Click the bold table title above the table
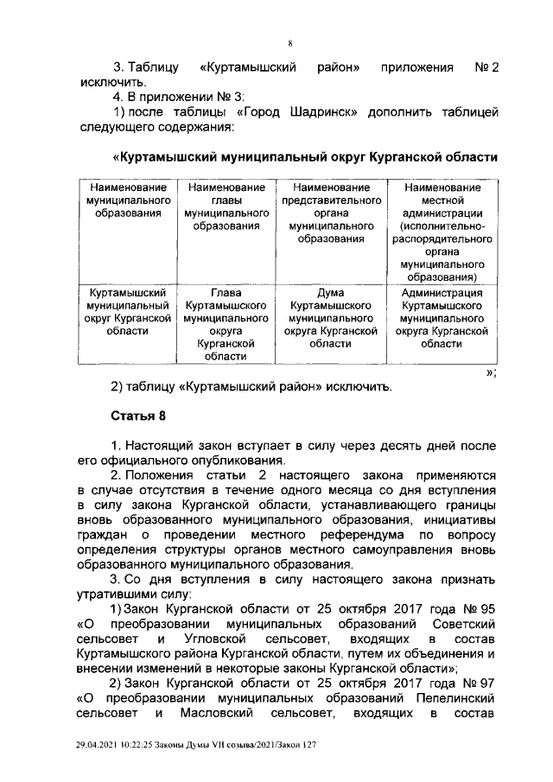tap(305, 158)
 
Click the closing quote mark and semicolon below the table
tap(490, 372)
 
